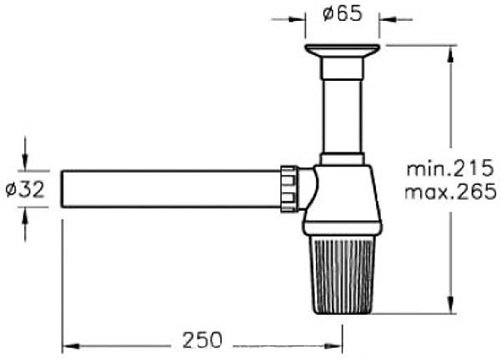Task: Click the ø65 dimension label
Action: click(x=342, y=14)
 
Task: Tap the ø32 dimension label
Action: click(x=25, y=190)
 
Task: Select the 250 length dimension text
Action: click(x=202, y=340)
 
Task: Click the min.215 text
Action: click(x=450, y=168)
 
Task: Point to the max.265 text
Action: click(x=451, y=192)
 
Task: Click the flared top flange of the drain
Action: click(x=342, y=51)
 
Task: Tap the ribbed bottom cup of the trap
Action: click(x=342, y=274)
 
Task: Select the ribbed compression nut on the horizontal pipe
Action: click(x=288, y=189)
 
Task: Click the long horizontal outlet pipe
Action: click(x=171, y=189)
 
